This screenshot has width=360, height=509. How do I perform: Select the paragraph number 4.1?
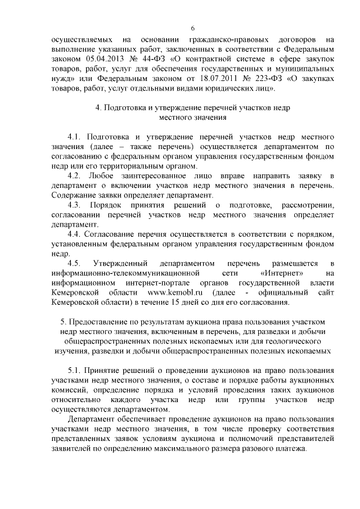75,137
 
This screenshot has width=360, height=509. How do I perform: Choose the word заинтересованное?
170,175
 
